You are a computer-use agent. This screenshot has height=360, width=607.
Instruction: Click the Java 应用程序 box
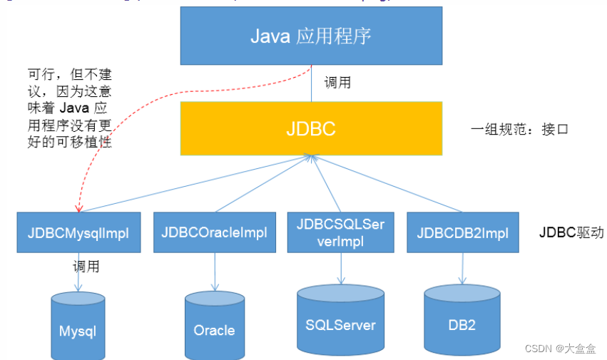[311, 36]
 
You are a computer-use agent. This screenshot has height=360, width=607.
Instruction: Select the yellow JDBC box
[311, 128]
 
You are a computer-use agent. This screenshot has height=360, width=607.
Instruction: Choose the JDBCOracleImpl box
[214, 232]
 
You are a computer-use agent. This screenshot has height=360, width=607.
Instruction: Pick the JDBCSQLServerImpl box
[340, 232]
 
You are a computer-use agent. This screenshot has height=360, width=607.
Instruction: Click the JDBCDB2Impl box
[462, 232]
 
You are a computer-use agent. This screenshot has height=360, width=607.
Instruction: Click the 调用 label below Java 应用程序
[337, 83]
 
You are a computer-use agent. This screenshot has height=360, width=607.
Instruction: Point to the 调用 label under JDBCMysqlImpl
[86, 267]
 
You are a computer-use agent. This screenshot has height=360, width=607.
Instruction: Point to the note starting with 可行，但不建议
[69, 108]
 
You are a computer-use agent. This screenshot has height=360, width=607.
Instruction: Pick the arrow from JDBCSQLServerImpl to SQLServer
[340, 267]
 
